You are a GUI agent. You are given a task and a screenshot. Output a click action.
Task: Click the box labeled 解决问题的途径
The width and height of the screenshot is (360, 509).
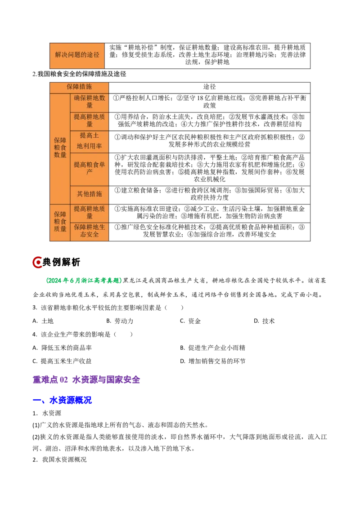tap(77, 55)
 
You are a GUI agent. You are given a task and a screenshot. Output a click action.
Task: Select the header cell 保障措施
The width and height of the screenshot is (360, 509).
tap(79, 87)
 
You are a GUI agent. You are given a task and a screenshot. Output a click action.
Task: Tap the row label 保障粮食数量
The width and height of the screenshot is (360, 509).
tap(60, 147)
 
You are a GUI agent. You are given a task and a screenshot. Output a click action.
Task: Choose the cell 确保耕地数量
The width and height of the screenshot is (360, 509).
tap(90, 102)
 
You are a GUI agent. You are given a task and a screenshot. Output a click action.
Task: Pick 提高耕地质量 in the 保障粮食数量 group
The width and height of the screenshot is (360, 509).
tap(90, 121)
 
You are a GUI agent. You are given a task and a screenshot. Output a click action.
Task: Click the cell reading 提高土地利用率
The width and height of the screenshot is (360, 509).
tap(90, 141)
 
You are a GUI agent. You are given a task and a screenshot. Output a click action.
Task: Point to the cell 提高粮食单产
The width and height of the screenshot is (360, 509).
tap(90, 168)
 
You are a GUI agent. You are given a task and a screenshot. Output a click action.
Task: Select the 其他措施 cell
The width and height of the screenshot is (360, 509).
tap(90, 194)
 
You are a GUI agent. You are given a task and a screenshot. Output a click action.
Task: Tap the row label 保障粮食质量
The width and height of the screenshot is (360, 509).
tap(60, 222)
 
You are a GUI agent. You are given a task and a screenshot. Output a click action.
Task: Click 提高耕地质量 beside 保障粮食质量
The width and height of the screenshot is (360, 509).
tap(90, 212)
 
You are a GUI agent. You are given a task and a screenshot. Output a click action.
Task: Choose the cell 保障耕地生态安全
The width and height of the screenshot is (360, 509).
tap(90, 231)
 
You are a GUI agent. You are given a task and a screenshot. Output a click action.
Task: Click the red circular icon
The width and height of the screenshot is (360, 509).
tap(37, 263)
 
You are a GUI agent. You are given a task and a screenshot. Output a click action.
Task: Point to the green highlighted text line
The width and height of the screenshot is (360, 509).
tap(83, 281)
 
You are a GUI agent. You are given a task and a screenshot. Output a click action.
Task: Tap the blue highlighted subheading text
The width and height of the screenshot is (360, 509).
tap(70, 400)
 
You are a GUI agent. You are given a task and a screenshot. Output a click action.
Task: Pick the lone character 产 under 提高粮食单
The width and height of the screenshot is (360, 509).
tap(90, 172)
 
